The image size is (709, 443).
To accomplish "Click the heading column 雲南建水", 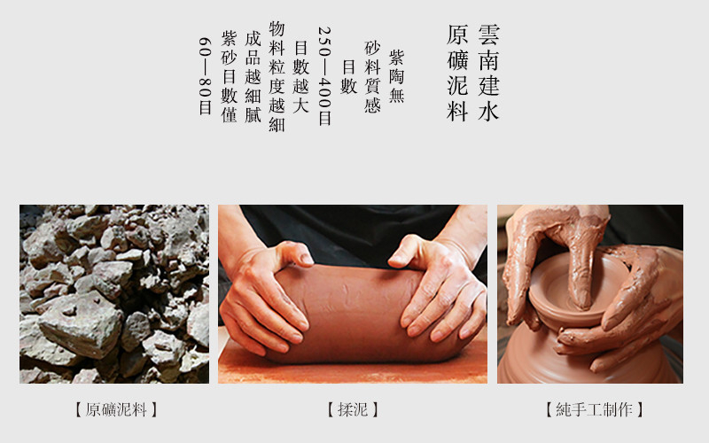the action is pyautogui.click(x=488, y=74).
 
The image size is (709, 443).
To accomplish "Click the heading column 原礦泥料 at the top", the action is pyautogui.click(x=457, y=74).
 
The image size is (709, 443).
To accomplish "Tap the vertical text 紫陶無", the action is pyautogui.click(x=396, y=76).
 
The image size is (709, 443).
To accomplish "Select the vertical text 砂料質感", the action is pyautogui.click(x=372, y=77).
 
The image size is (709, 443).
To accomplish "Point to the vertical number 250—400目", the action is pyautogui.click(x=324, y=76).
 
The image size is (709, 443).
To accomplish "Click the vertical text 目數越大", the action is pyautogui.click(x=300, y=77).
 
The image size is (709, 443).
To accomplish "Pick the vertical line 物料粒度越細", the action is pyautogui.click(x=277, y=76).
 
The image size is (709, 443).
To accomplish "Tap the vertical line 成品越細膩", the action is pyautogui.click(x=253, y=77).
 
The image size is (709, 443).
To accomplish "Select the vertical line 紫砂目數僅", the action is pyautogui.click(x=229, y=77).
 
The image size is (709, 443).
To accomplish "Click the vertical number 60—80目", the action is pyautogui.click(x=205, y=76).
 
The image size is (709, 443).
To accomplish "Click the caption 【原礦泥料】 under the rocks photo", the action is pyautogui.click(x=116, y=409).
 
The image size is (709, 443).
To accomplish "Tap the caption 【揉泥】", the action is pyautogui.click(x=353, y=409).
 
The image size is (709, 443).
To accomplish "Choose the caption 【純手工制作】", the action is pyautogui.click(x=594, y=409).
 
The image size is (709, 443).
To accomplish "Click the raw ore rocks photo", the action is pyautogui.click(x=114, y=294).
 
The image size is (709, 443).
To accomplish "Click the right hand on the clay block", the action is pyautogui.click(x=436, y=290).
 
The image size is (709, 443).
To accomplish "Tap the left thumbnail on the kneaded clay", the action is pyautogui.click(x=307, y=259).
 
